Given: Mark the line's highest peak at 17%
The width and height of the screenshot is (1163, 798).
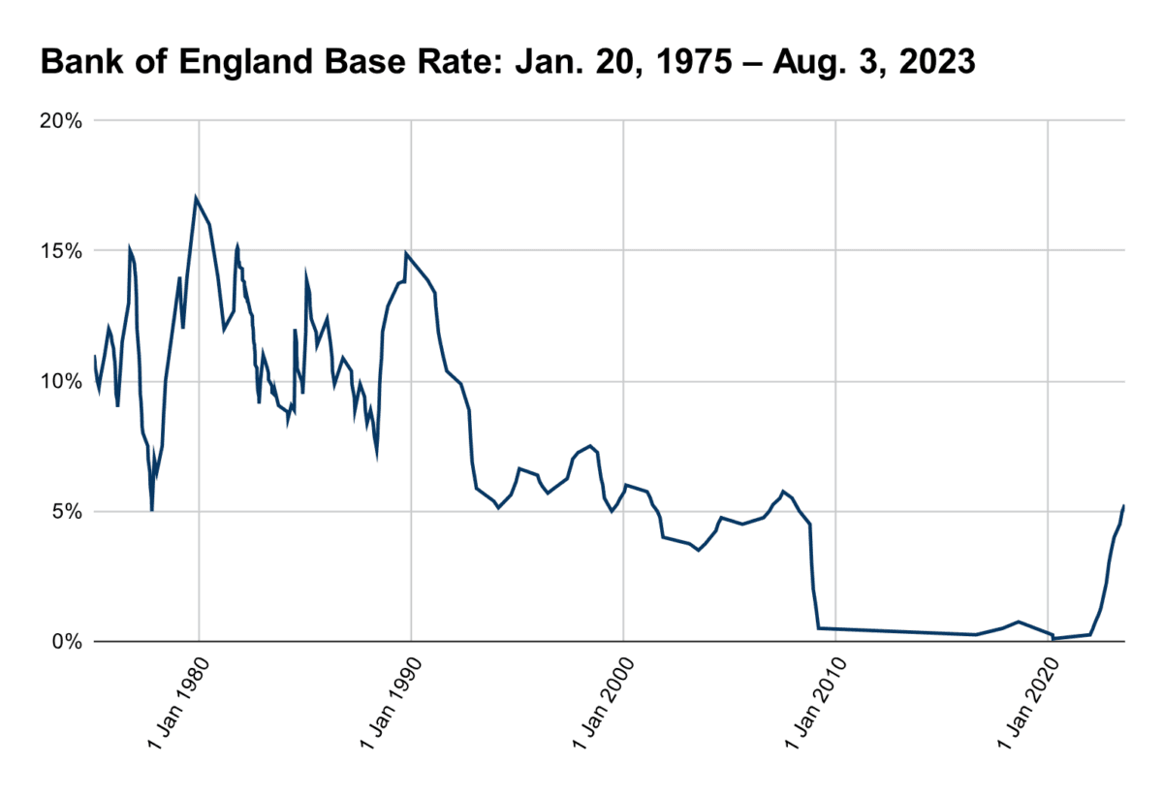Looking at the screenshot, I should (x=196, y=198).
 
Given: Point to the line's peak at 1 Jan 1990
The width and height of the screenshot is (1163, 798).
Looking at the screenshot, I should (x=406, y=253).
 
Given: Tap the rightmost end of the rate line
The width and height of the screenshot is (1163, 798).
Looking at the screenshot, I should (x=1123, y=505).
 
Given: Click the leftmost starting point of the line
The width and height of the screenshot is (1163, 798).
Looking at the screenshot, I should (x=95, y=357).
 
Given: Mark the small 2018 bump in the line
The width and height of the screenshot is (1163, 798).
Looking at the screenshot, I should (x=1018, y=622).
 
